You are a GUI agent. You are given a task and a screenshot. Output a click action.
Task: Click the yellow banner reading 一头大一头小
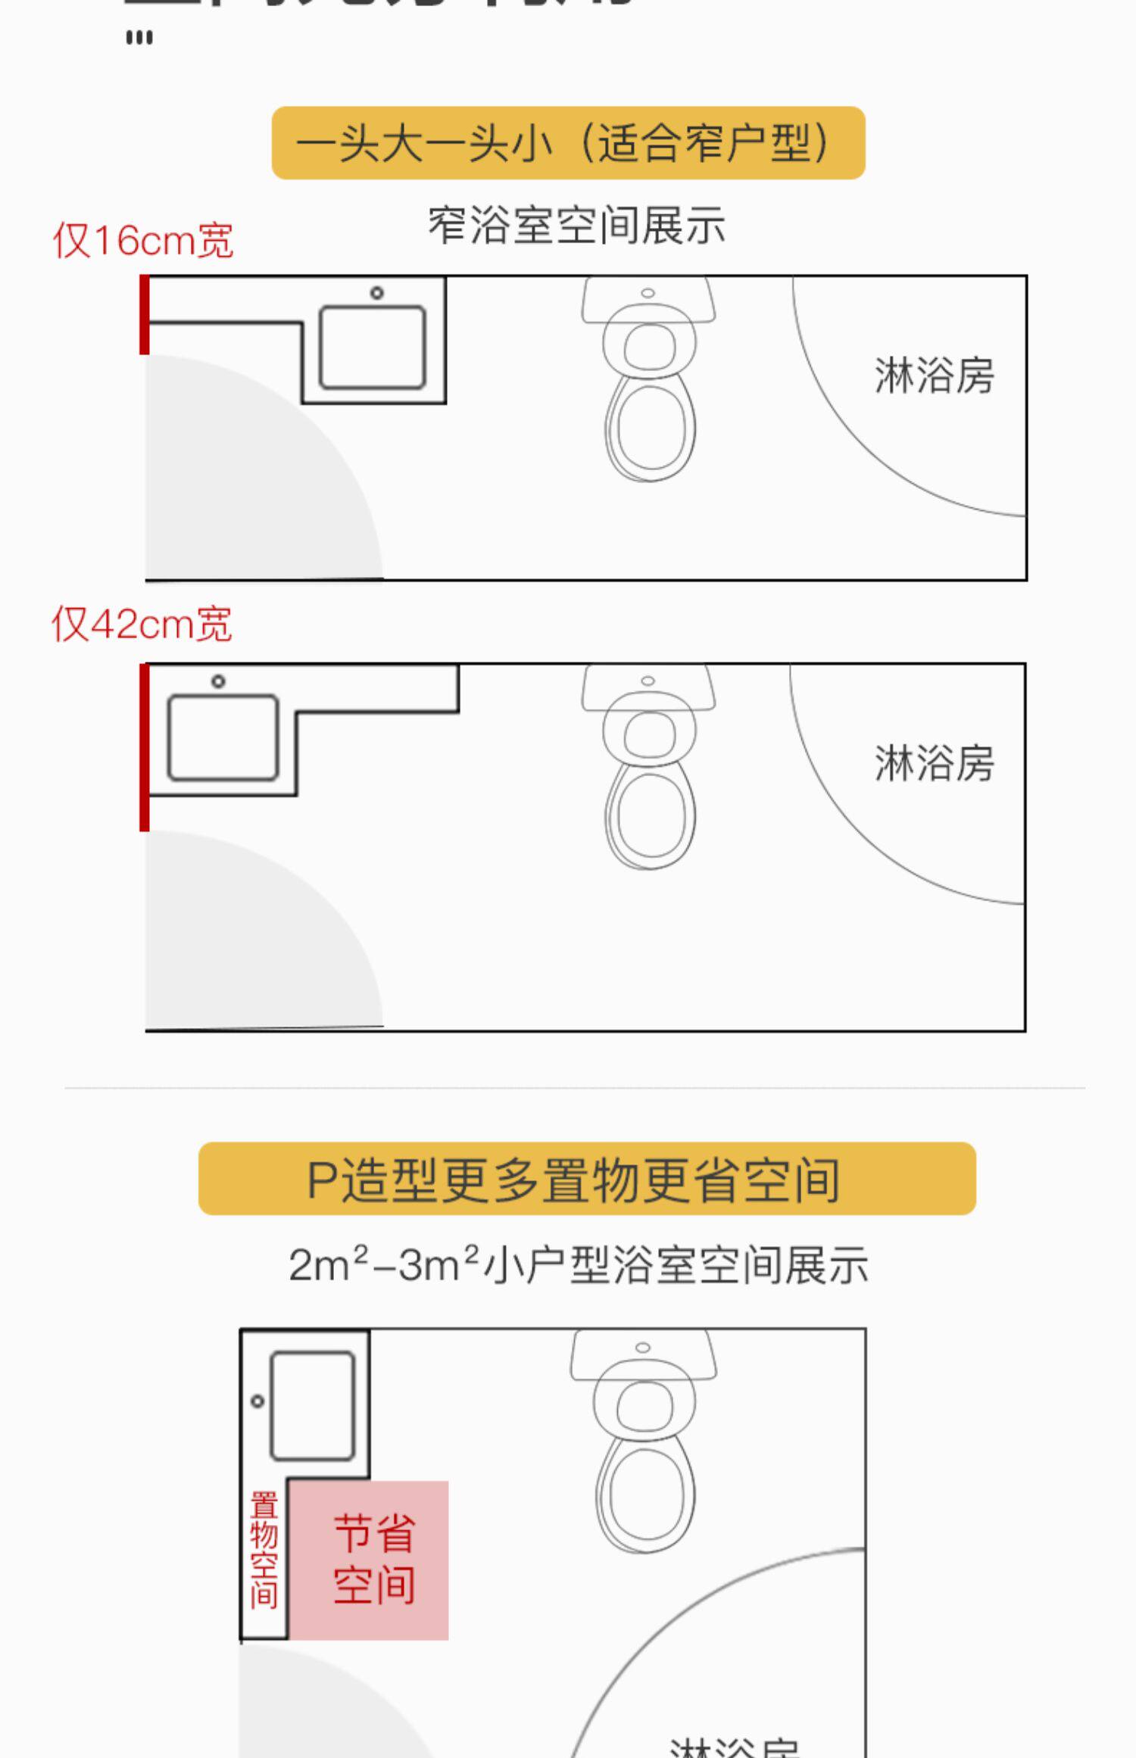pos(568,143)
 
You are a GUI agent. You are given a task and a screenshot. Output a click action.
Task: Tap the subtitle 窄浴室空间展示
pos(576,226)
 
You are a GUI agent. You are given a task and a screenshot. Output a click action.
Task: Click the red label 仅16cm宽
pos(142,241)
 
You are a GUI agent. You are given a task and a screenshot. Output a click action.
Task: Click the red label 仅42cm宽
pos(142,625)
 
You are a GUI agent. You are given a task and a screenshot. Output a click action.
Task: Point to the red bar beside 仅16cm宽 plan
pos(144,315)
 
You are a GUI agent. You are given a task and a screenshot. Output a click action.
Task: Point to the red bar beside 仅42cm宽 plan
pos(144,748)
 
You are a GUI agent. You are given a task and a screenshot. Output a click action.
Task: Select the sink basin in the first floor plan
pos(372,347)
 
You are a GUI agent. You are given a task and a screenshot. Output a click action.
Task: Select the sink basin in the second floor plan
pos(223,738)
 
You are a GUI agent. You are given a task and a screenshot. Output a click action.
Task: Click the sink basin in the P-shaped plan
pos(312,1406)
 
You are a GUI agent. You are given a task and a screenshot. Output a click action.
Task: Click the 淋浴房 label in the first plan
pos(934,376)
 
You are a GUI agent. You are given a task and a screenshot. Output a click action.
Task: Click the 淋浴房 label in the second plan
pos(934,762)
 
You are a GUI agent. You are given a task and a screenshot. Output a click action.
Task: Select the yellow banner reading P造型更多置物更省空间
pos(587,1179)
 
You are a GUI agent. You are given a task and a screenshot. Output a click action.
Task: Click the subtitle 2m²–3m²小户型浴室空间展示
pos(578,1264)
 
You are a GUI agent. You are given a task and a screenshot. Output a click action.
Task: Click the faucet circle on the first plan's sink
pos(376,293)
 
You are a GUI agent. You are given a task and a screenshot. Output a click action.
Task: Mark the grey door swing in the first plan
pos(242,485)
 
